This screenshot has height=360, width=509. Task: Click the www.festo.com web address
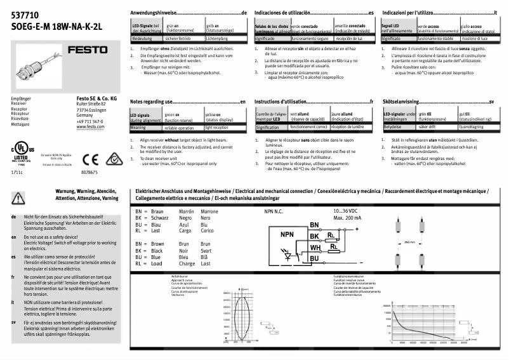(x=90, y=127)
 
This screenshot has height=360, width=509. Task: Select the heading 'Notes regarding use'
(x=152, y=102)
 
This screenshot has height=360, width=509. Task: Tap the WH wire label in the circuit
(x=315, y=248)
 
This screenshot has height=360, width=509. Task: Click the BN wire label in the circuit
(x=314, y=225)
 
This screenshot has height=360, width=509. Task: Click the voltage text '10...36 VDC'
(x=345, y=211)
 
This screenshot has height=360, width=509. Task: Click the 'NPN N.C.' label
(x=277, y=211)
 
